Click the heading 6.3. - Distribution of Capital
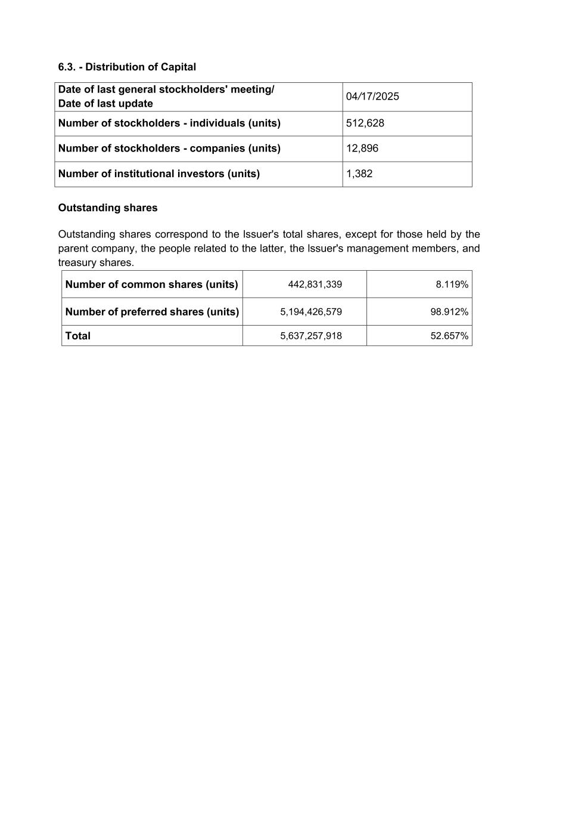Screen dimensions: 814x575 127,67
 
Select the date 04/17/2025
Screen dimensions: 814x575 372,97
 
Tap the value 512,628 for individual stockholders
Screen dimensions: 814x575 365,123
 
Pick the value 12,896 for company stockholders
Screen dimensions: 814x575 362,148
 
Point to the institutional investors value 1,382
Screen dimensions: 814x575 359,174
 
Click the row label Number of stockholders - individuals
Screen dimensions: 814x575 169,123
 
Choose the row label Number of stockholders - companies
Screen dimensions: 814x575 169,148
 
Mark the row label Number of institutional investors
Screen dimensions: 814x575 158,174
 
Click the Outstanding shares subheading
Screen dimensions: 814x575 108,208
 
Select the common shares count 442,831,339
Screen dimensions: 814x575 315,284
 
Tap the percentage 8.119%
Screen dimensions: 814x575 452,284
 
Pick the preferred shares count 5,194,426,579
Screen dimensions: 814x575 311,312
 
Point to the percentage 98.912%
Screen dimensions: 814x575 449,312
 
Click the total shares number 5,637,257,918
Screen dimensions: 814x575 311,336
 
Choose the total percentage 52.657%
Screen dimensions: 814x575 449,336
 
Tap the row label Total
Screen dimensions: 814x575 78,336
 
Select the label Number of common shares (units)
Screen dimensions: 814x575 151,284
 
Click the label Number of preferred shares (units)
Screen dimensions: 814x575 152,312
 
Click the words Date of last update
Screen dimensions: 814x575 105,104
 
